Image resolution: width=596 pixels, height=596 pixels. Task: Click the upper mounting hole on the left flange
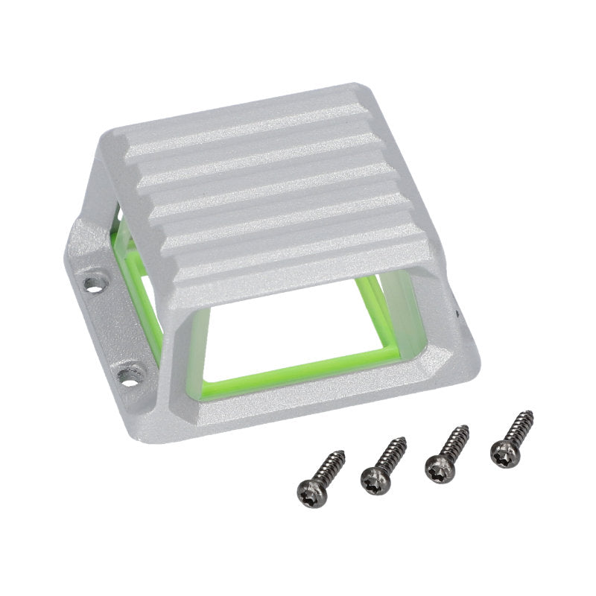click(93, 282)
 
